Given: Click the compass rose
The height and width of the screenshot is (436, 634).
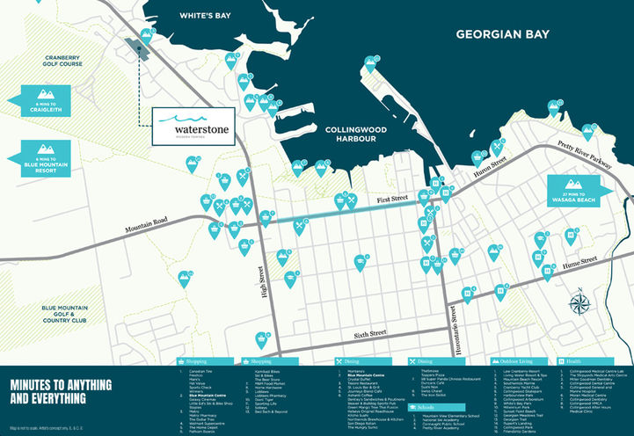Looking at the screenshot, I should click(579, 304).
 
